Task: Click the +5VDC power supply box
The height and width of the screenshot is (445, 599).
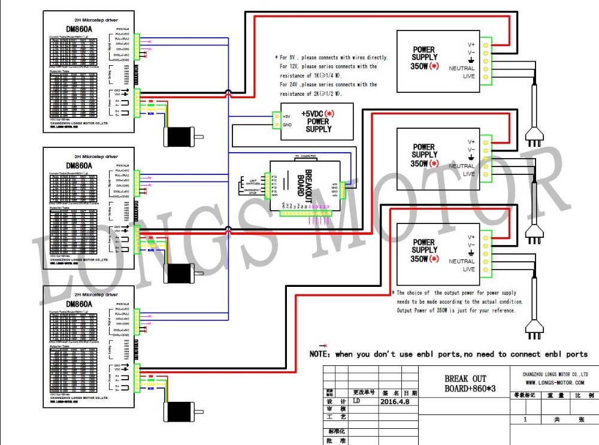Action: click(317, 121)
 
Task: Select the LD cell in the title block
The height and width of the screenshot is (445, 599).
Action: click(357, 402)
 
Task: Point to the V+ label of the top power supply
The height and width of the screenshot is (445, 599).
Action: click(471, 44)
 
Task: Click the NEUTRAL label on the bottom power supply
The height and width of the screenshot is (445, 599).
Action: click(461, 262)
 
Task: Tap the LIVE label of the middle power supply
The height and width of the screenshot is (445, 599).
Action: click(468, 174)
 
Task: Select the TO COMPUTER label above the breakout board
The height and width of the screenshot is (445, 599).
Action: click(304, 156)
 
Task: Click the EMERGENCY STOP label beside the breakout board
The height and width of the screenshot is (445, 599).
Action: click(252, 191)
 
